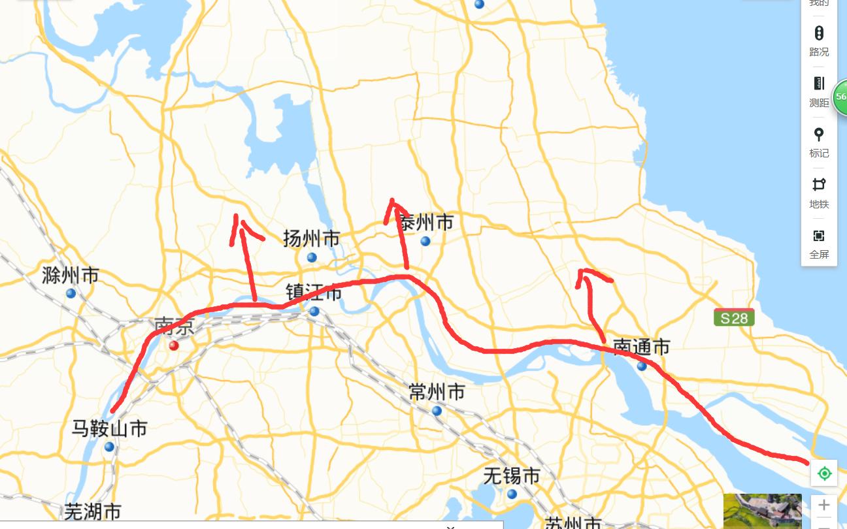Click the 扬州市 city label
311,238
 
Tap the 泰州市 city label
426,223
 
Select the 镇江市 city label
314,292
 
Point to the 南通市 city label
641,347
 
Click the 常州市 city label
437,392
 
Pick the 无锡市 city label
512,476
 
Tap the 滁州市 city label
70,275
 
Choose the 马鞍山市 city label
109,428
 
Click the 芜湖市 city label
93,511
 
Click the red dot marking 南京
174,345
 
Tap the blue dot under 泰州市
425,241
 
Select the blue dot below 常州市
437,411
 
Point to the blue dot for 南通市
642,366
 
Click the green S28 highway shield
734,318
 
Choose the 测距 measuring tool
819,91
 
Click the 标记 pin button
819,142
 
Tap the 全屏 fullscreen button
819,243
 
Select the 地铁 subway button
819,192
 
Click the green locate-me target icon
824,473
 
